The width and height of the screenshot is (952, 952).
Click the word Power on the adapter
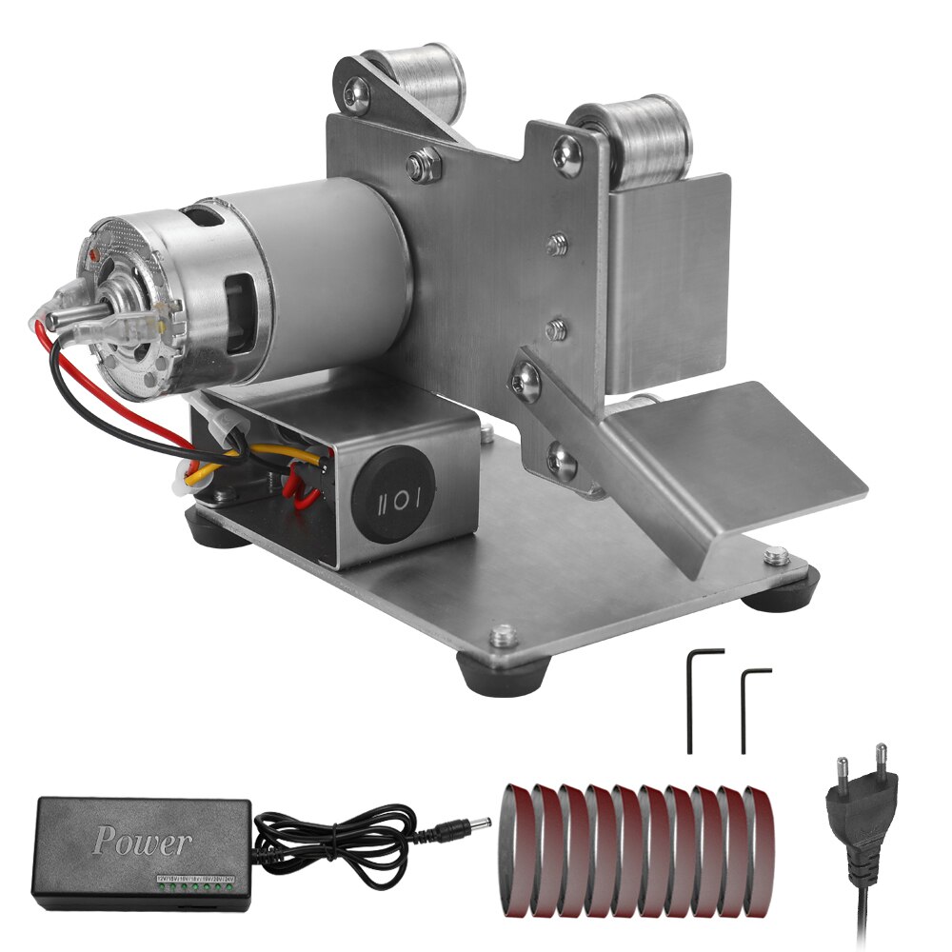(142, 842)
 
